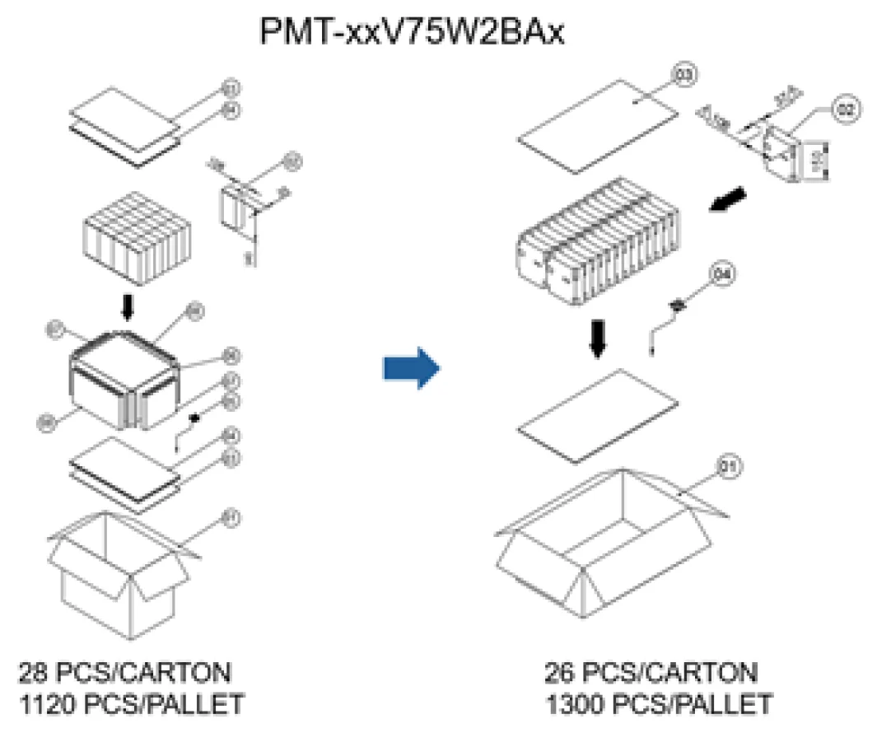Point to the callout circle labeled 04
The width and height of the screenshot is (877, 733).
(721, 275)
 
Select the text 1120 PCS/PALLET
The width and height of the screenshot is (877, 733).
(131, 705)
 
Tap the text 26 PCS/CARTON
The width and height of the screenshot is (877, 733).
(651, 673)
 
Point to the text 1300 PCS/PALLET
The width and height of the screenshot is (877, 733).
(658, 705)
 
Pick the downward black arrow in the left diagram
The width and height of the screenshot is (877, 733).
(126, 307)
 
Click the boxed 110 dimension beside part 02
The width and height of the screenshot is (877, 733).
(819, 159)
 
